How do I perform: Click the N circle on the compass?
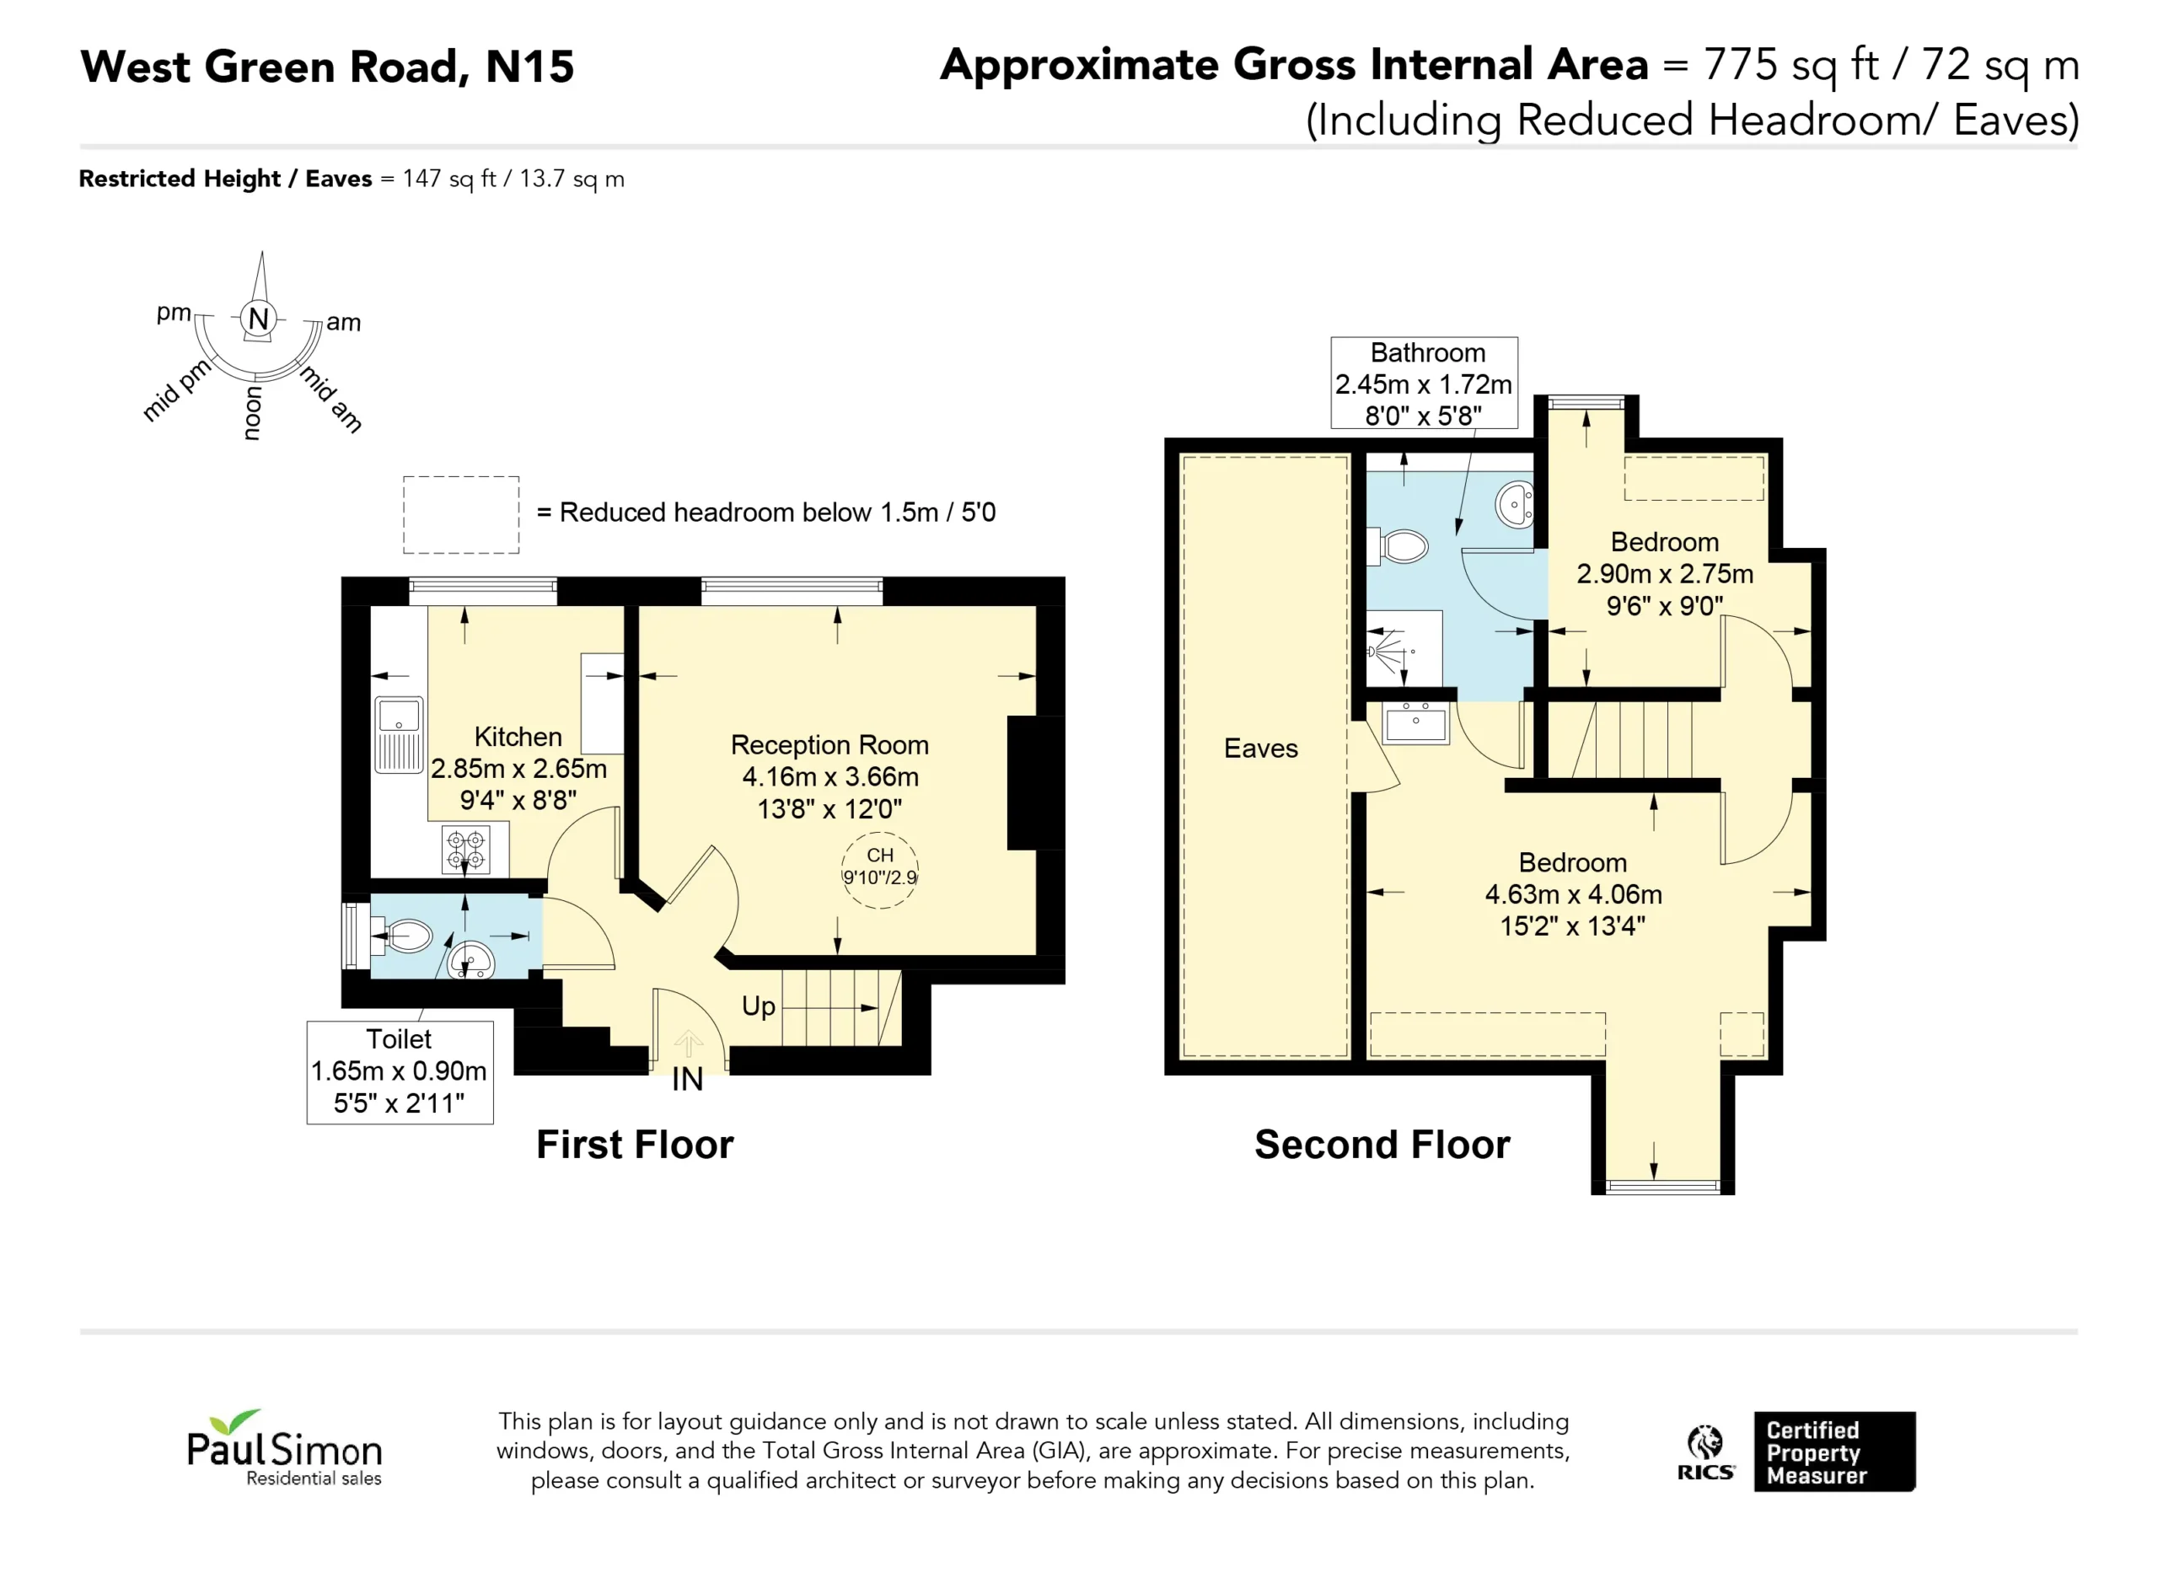coord(258,319)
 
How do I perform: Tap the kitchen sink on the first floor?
coord(399,735)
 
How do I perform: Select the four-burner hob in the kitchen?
coord(466,850)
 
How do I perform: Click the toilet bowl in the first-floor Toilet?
coord(407,936)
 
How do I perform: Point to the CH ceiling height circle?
coord(880,870)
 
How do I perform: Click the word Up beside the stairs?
coord(759,1006)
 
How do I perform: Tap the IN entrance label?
coord(687,1079)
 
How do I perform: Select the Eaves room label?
coord(1261,748)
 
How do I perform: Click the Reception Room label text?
coord(829,745)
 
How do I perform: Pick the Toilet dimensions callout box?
coord(400,1072)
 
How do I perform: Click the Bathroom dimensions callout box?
coord(1425,383)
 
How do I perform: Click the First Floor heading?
coord(635,1145)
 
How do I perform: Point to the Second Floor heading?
coord(1382,1145)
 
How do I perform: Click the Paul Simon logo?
coord(284,1448)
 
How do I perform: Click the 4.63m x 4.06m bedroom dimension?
coord(1573,894)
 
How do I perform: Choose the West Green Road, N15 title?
coord(327,67)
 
